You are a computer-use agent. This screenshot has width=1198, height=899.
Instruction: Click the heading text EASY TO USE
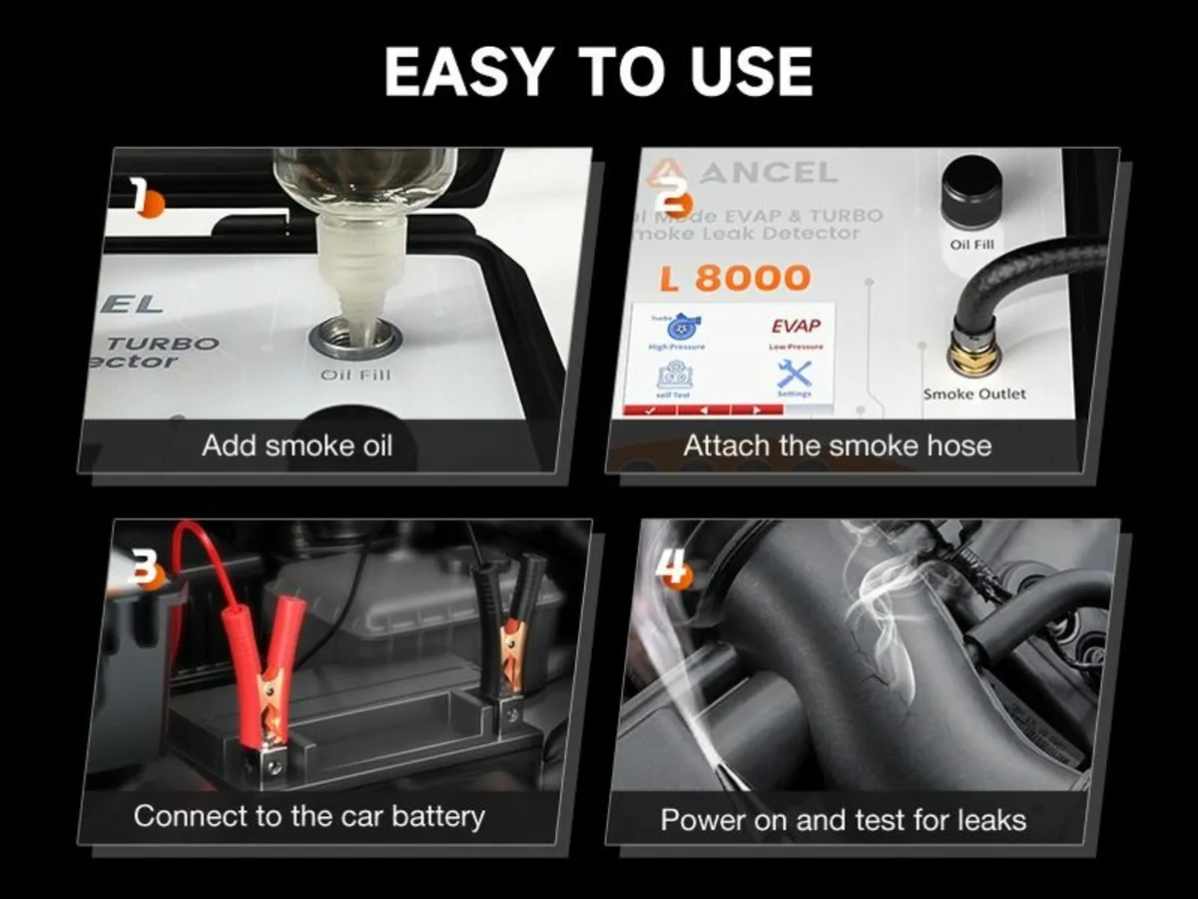598,72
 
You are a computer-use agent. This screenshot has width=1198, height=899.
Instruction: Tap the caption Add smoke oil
299,446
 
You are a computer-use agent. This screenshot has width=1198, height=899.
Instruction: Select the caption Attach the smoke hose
838,446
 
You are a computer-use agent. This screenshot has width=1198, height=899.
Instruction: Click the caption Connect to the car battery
308,816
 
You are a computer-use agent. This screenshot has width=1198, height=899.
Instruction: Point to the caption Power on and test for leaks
844,820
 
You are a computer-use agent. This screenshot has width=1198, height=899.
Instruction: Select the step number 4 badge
673,568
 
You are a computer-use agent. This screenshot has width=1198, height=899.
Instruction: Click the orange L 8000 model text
735,279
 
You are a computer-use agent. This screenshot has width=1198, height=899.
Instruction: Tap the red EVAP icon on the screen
796,327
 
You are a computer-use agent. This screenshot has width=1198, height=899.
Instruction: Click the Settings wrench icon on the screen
795,374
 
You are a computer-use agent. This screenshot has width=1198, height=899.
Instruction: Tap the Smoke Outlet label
973,394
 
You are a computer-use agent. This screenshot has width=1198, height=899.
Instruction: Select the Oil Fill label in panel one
355,375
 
